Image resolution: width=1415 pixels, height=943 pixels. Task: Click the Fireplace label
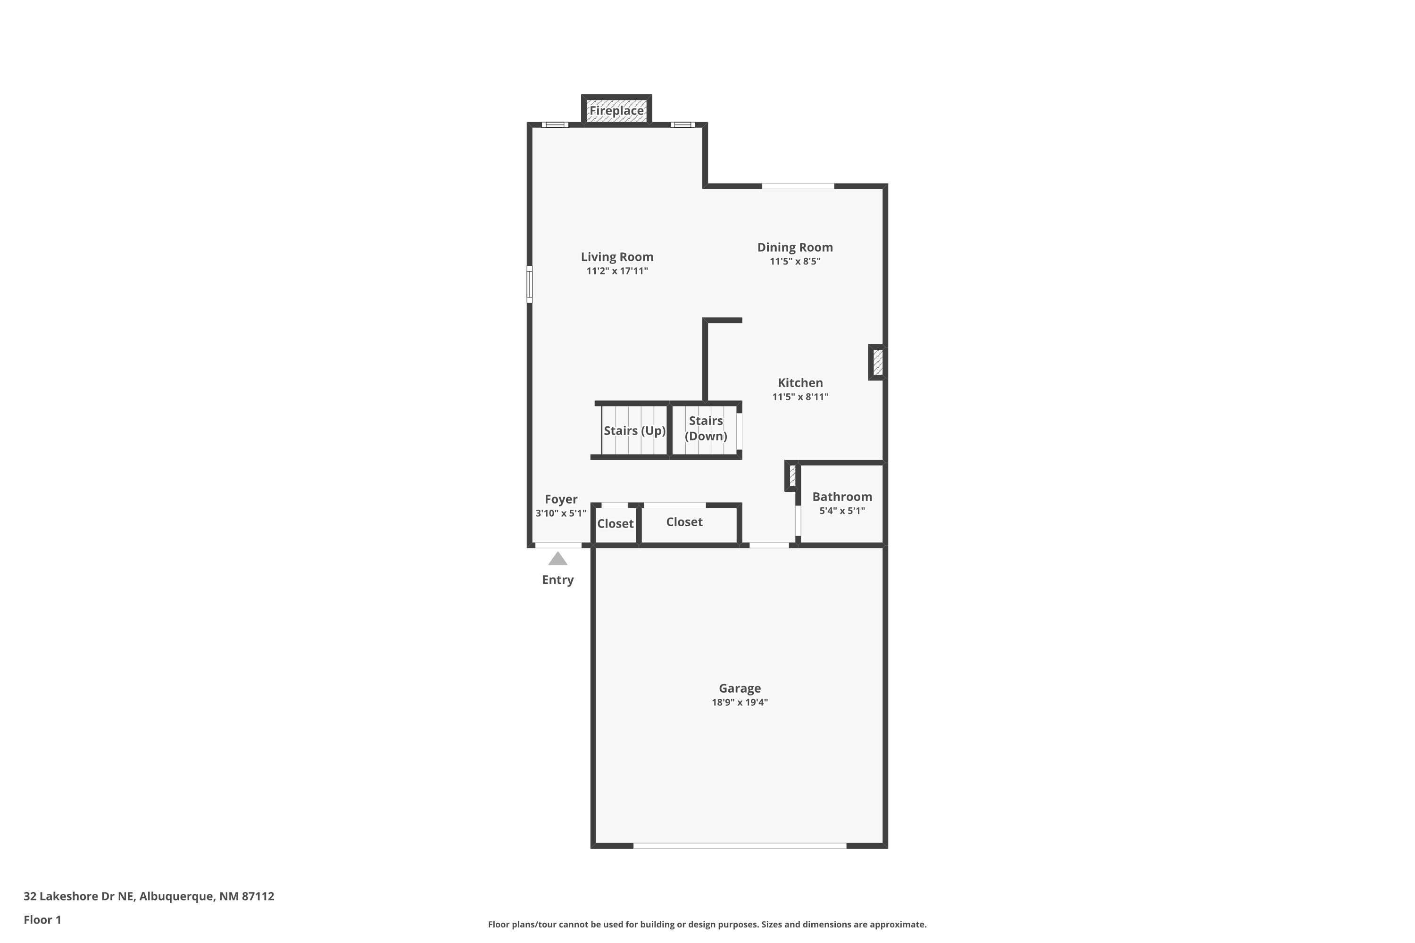(616, 111)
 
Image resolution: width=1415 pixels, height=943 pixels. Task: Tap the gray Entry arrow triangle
(558, 559)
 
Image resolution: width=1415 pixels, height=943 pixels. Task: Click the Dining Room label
(795, 247)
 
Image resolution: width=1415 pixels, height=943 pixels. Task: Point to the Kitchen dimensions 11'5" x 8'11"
(799, 397)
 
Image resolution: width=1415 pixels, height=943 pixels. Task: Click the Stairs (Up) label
(634, 430)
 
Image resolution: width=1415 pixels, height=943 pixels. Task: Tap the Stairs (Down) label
(706, 428)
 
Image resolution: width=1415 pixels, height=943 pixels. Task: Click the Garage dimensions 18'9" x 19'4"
(740, 703)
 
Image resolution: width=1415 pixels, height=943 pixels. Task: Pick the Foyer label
(561, 499)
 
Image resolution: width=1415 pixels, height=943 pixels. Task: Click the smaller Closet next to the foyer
(615, 524)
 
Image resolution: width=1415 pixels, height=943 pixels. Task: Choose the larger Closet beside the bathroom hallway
(684, 522)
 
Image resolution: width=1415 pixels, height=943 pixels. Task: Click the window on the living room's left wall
(529, 284)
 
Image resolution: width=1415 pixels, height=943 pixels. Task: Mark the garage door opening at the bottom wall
(740, 845)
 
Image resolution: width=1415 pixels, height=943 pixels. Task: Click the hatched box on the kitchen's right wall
(877, 362)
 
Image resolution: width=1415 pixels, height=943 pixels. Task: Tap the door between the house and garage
(769, 546)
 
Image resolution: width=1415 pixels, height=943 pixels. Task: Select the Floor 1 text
(42, 919)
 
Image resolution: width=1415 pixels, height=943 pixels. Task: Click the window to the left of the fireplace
(555, 125)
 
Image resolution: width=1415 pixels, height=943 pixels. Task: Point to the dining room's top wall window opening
(798, 186)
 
